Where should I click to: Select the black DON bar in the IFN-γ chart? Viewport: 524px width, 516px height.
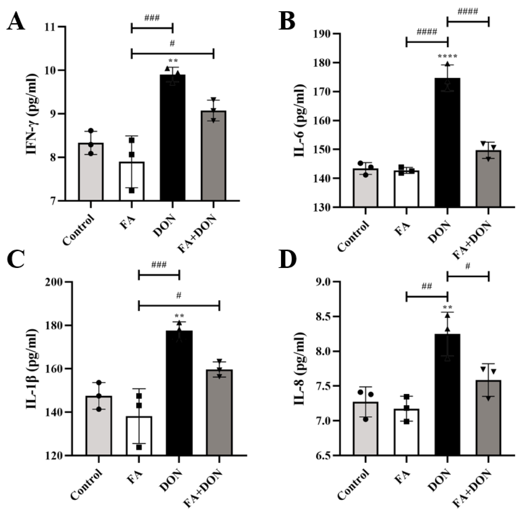173,138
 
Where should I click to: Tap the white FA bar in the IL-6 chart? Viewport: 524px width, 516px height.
406,189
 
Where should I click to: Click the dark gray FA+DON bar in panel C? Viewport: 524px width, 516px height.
219,412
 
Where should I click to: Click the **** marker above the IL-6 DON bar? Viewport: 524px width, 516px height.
447,56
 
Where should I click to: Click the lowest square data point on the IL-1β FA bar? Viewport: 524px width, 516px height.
139,447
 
